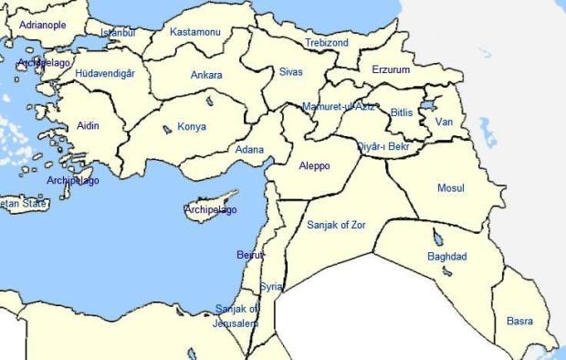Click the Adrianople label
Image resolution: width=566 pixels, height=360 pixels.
point(43,25)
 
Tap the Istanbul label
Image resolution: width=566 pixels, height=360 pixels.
point(117,33)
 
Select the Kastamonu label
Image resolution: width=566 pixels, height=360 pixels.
point(195,32)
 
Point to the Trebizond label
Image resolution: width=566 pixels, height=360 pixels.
point(327,43)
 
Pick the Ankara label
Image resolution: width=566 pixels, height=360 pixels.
point(206,75)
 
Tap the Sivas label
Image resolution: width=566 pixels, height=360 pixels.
point(291,70)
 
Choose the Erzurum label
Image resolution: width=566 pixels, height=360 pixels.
point(392,69)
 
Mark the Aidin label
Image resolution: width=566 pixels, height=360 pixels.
point(89,125)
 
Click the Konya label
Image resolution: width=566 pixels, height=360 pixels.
point(192,127)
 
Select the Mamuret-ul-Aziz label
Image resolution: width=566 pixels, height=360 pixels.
point(339,107)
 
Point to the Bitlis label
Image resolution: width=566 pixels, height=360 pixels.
point(403,111)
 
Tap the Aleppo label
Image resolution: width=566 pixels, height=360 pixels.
point(315,166)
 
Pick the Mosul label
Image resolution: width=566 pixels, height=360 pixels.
point(451,188)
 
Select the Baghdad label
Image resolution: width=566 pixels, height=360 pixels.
point(447,257)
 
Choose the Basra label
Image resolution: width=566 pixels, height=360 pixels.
point(519,321)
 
